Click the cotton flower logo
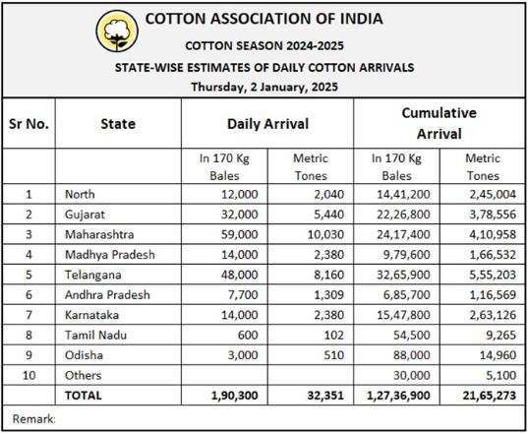pyautogui.click(x=117, y=31)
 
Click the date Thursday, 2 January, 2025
pyautogui.click(x=264, y=87)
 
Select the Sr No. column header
pyautogui.click(x=29, y=124)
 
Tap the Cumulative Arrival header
pyautogui.click(x=440, y=123)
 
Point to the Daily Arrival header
pyautogui.click(x=267, y=124)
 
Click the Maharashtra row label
pyautogui.click(x=99, y=234)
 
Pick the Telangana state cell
pyautogui.click(x=93, y=275)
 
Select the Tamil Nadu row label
pyautogui.click(x=95, y=335)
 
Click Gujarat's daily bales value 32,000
pyautogui.click(x=239, y=215)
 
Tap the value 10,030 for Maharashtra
pyautogui.click(x=325, y=234)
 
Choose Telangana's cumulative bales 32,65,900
pyautogui.click(x=403, y=275)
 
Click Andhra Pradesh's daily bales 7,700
pyautogui.click(x=243, y=295)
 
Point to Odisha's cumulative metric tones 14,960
pyautogui.click(x=498, y=355)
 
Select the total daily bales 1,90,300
pyautogui.click(x=235, y=396)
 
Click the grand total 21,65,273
pyautogui.click(x=490, y=396)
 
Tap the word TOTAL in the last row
pyautogui.click(x=84, y=396)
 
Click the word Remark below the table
pyautogui.click(x=33, y=419)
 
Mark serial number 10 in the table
pyautogui.click(x=29, y=375)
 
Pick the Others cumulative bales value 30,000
pyautogui.click(x=412, y=375)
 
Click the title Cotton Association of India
pyautogui.click(x=264, y=19)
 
